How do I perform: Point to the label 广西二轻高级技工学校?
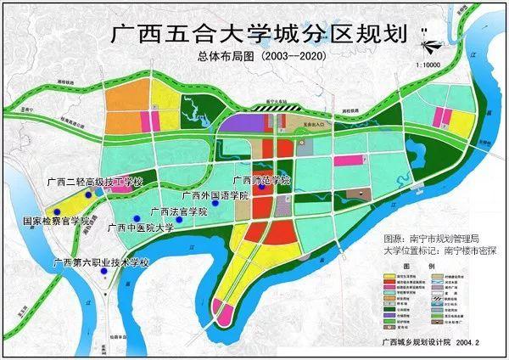(98, 182)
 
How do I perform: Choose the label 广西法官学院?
(178, 211)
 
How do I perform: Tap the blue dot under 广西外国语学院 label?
(216, 204)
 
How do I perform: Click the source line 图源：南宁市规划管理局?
(432, 239)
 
